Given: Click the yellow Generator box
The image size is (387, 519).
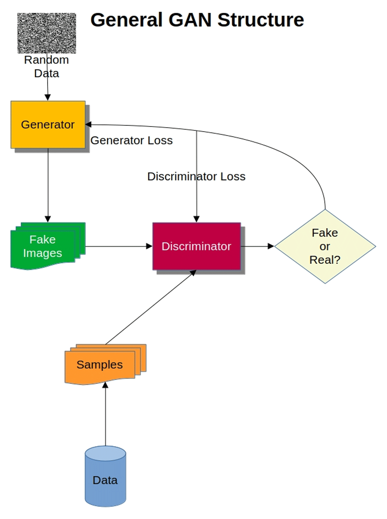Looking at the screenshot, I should click(x=48, y=125).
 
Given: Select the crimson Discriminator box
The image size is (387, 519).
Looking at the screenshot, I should click(x=196, y=246).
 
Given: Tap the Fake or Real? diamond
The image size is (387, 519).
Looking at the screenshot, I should click(x=325, y=246).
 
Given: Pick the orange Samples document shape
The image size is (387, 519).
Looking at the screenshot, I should click(x=100, y=365).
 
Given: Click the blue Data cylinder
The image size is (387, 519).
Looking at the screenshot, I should click(x=105, y=480).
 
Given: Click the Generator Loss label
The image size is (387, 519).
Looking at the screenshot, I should click(x=131, y=141).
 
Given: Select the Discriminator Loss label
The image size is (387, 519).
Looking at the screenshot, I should click(x=196, y=176).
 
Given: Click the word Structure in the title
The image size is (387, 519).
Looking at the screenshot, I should click(x=261, y=20).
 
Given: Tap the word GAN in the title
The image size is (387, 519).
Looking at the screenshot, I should click(x=190, y=20).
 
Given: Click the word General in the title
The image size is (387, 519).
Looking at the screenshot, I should click(x=126, y=20).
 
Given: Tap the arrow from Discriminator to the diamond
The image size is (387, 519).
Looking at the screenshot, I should click(x=257, y=246).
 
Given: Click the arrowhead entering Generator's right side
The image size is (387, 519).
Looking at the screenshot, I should click(x=88, y=125).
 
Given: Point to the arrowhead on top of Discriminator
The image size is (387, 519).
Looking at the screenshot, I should click(x=196, y=219).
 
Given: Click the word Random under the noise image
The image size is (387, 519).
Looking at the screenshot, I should click(x=46, y=60).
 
